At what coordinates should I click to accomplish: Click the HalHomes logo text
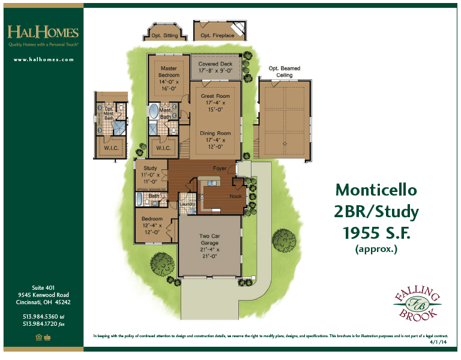43,32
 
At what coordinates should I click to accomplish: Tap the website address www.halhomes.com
43,59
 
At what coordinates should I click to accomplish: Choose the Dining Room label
215,137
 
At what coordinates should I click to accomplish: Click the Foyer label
219,169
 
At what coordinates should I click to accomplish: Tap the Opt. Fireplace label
217,36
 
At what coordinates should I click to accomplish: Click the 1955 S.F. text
376,232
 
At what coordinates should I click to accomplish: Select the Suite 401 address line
43,287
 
